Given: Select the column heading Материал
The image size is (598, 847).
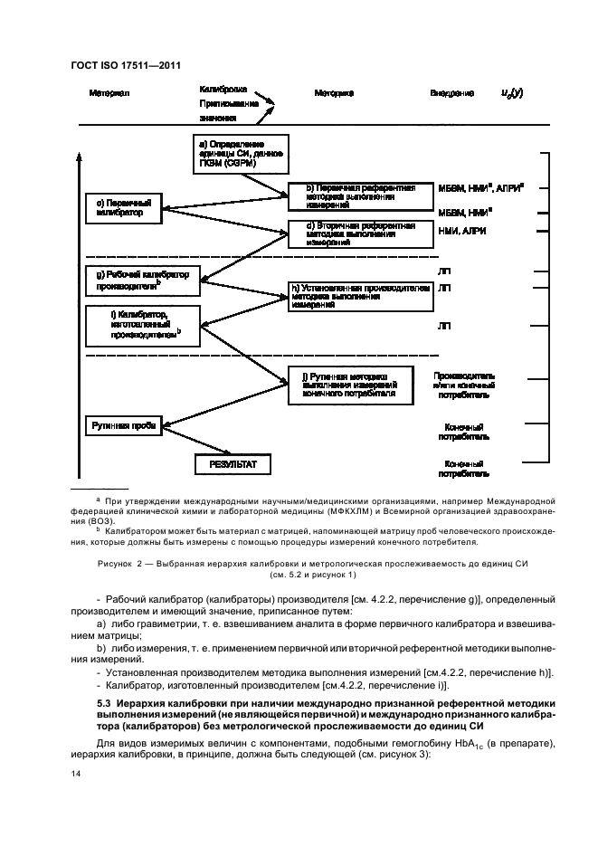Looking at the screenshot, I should [109, 93].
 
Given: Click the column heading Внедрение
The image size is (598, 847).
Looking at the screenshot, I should [451, 93].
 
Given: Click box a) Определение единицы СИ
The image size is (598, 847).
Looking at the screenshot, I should [241, 154].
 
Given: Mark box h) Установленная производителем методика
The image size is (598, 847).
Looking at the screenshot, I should [359, 296].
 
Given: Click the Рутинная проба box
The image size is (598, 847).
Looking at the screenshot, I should [124, 424].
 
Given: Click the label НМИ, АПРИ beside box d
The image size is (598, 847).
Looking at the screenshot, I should [457, 231].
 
